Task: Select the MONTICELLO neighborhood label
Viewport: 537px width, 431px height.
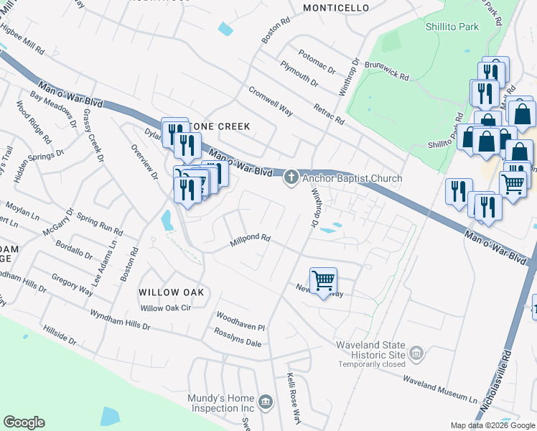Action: [x=336, y=8]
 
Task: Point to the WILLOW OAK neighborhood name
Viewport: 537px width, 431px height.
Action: [x=172, y=292]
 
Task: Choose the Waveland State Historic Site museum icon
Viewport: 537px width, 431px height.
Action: [x=416, y=353]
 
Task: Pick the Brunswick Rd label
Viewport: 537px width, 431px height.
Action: [x=386, y=69]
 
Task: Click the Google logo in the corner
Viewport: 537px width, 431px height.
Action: [x=24, y=422]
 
